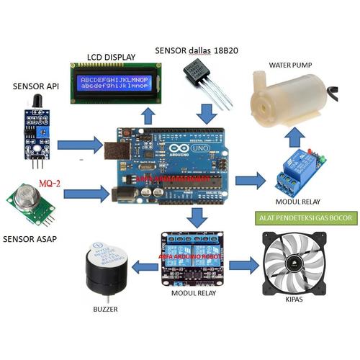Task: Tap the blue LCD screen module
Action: click(x=115, y=83)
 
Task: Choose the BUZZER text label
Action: click(x=105, y=310)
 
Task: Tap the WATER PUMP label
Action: click(x=290, y=65)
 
